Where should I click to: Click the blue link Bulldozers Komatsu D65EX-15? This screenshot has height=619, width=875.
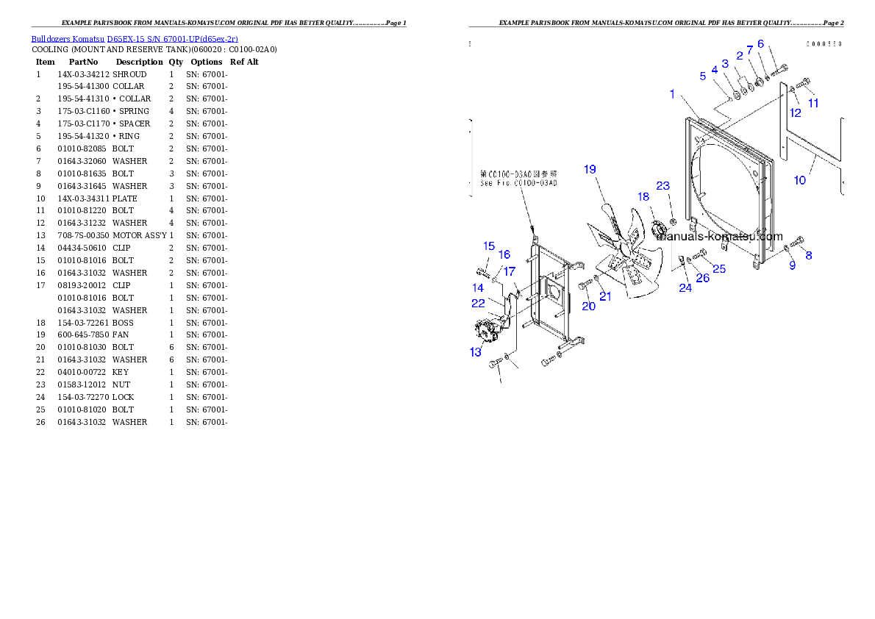[x=135, y=38]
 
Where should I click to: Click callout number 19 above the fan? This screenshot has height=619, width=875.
[x=590, y=169]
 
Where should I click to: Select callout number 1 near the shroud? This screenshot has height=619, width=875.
[x=672, y=93]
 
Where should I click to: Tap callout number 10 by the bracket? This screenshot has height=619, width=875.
[x=799, y=180]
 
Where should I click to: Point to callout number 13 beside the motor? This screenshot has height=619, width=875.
[x=476, y=352]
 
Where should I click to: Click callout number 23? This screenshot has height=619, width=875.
[x=663, y=185]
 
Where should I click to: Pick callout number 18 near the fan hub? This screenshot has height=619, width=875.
[x=643, y=196]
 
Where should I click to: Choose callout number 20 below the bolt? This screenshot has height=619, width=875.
[x=589, y=306]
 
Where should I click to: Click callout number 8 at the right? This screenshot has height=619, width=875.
[x=809, y=256]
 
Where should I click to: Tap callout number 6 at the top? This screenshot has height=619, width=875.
[x=760, y=43]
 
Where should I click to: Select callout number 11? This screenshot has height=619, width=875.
[x=813, y=103]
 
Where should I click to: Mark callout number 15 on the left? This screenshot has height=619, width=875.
[x=489, y=246]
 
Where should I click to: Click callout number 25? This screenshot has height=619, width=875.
[x=719, y=269]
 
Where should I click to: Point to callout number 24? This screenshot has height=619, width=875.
[x=685, y=287]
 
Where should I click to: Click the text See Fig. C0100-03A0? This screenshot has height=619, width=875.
[x=518, y=183]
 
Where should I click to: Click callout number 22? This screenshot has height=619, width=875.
[x=478, y=302]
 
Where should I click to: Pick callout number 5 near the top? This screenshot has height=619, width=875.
[x=703, y=75]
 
